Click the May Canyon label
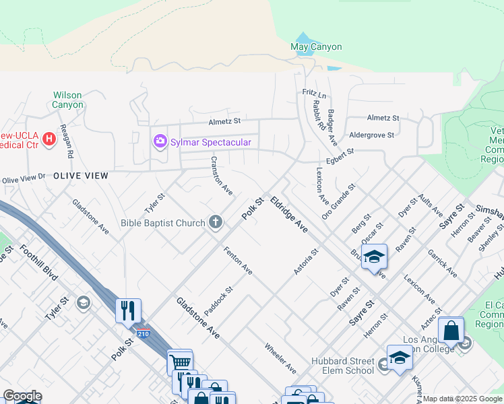pos(316,47)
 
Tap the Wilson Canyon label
pos(68,100)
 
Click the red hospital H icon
pos(49,139)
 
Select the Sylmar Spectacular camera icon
pos(160,141)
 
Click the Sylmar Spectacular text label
pos(210,142)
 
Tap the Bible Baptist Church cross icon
pos(216,222)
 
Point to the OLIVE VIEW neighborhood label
pos(81,175)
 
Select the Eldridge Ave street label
pos(288,215)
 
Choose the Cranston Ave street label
pos(221,176)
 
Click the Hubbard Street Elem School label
pos(342,366)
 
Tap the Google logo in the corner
pos(22,396)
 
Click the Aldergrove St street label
pos(372,135)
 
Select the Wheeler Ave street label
pos(280,358)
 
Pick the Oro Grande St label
pos(338,201)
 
